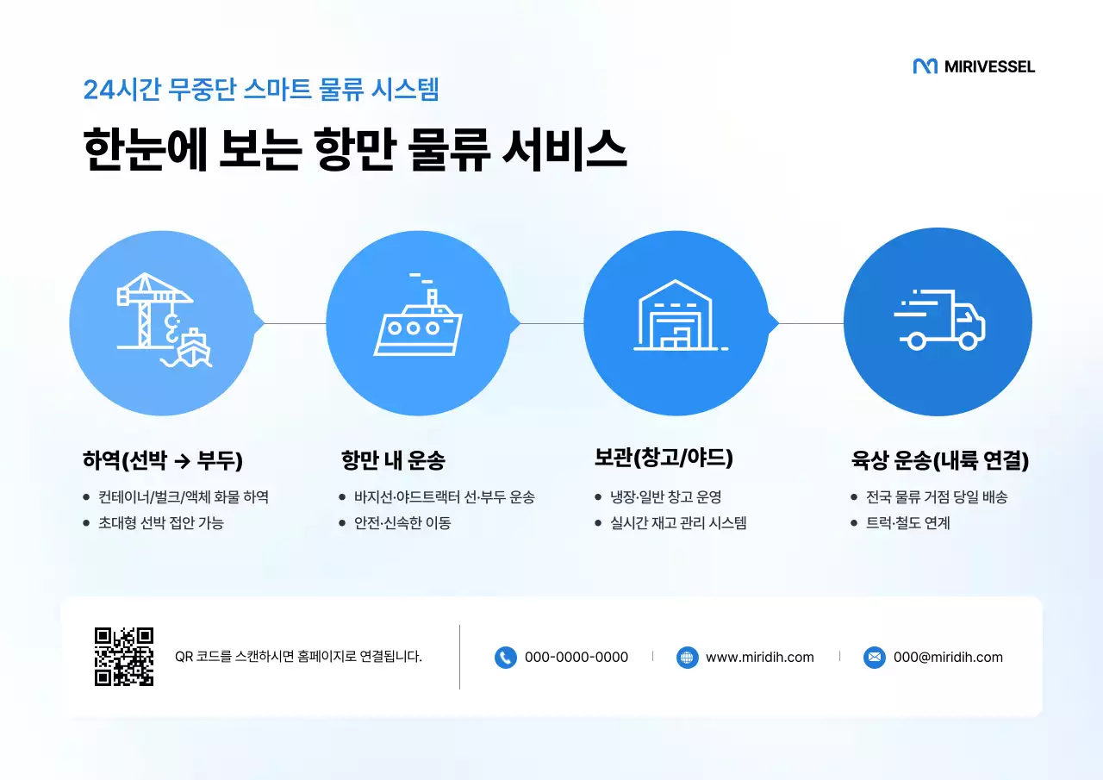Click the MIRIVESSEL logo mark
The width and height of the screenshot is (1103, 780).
click(x=925, y=66)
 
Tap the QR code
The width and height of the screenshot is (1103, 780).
click(x=124, y=657)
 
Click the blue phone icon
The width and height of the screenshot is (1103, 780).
click(x=505, y=658)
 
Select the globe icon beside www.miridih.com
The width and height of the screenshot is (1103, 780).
click(x=687, y=658)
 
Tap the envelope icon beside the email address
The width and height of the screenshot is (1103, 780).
click(x=874, y=658)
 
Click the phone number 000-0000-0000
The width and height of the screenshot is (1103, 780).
click(x=576, y=658)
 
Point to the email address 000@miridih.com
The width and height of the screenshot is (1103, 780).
click(x=948, y=658)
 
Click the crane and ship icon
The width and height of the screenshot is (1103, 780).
click(x=163, y=321)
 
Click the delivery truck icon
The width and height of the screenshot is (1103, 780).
click(x=939, y=320)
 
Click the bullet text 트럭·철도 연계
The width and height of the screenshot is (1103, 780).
click(x=907, y=523)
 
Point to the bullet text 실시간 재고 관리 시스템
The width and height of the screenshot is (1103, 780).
click(x=678, y=523)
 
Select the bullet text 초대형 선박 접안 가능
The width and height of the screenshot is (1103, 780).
click(x=161, y=523)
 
